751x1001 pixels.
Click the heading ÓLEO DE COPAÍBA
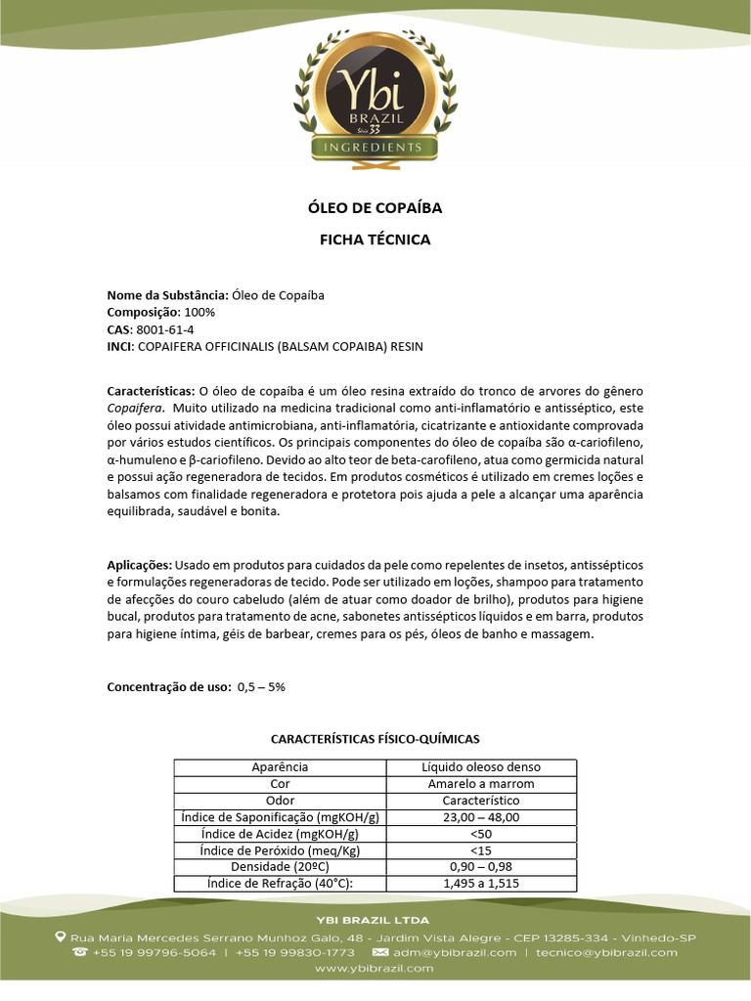pos(375,207)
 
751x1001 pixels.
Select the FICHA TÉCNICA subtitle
pos(375,239)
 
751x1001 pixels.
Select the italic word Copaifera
pos(134,407)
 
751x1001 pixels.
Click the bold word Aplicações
pos(140,565)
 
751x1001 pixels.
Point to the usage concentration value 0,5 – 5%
pos(261,686)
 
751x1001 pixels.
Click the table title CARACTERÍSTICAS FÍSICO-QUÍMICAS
pos(375,739)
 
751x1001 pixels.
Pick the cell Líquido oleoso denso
pos(481,767)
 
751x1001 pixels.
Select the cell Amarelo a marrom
pos(481,784)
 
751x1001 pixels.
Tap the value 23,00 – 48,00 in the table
pos(481,817)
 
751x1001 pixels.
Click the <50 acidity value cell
pos(481,834)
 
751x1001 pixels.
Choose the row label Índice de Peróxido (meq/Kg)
pos(280,850)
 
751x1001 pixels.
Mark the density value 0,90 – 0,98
pos(481,867)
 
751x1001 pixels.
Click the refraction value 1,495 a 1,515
pos(481,884)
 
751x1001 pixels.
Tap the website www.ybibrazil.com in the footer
pos(375,968)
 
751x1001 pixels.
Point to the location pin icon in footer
pos(61,936)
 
